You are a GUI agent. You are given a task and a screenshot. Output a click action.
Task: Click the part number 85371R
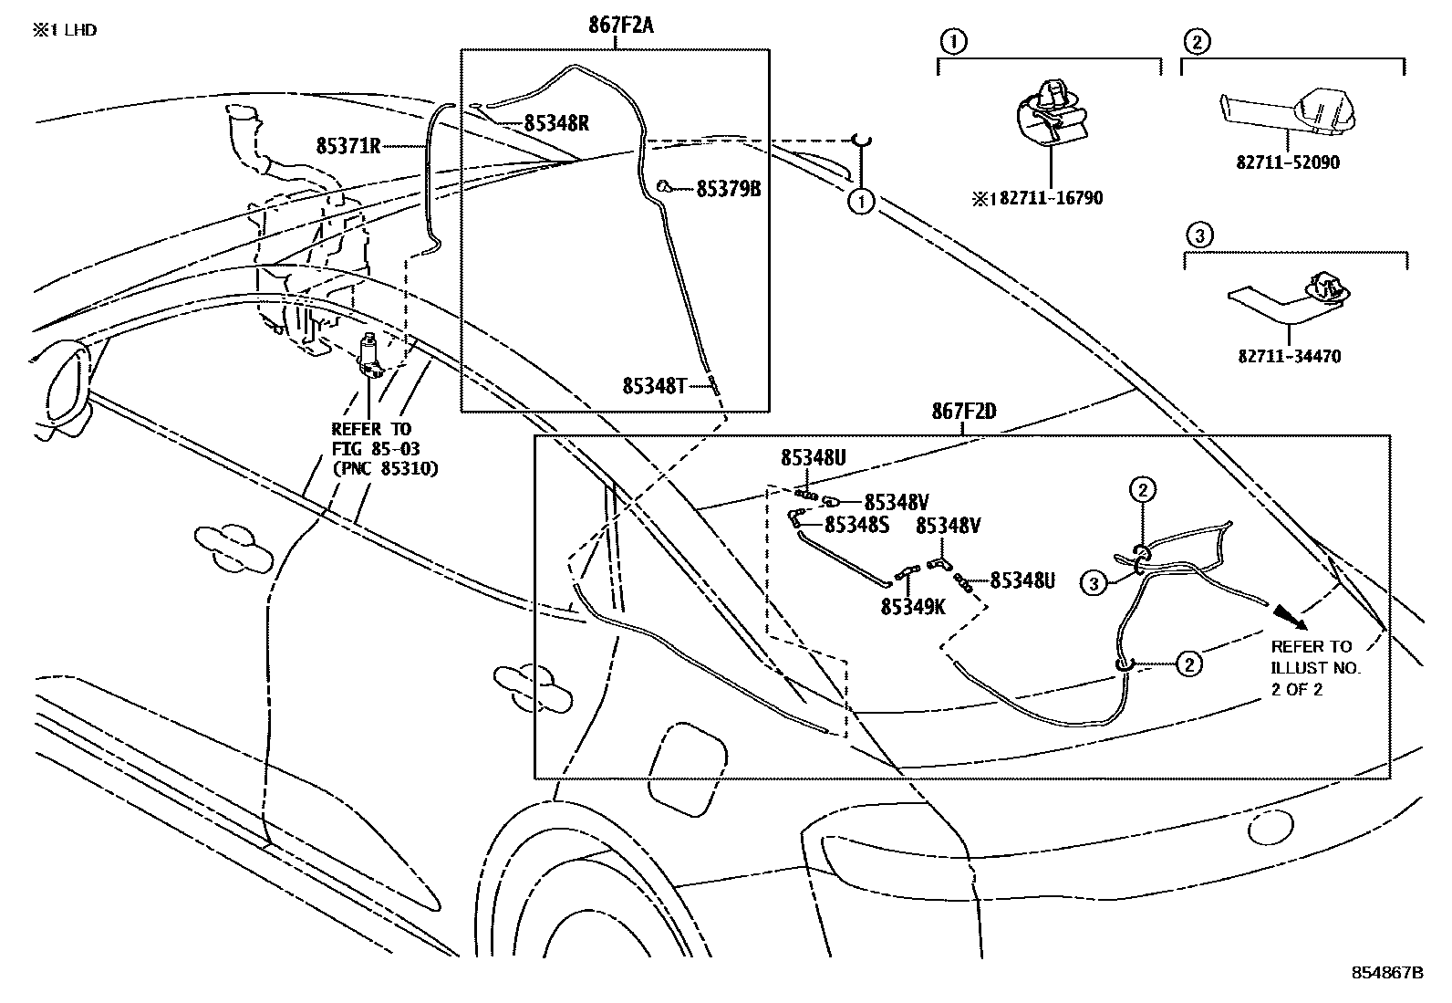[348, 145]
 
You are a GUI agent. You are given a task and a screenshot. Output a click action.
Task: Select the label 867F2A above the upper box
[620, 26]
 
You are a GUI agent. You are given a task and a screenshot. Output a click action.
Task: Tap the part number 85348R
[555, 123]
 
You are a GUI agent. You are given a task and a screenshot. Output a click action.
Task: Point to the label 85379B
[728, 189]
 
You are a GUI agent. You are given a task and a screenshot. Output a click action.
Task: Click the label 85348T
[654, 386]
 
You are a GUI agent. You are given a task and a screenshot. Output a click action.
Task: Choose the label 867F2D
[963, 412]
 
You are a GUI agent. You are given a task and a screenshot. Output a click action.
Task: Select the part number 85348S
[856, 525]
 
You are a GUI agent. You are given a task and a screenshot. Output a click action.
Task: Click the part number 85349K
[913, 606]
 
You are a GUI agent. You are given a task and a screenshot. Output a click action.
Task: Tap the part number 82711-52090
[1289, 163]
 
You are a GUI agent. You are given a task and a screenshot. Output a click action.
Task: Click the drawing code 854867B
[1386, 973]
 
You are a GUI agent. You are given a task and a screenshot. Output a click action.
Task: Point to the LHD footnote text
[66, 30]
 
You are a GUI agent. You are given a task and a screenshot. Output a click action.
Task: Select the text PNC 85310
[385, 469]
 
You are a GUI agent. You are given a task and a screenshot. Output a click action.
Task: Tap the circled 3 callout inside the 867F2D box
[1094, 581]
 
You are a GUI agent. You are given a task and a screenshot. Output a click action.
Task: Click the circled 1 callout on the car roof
[861, 201]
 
